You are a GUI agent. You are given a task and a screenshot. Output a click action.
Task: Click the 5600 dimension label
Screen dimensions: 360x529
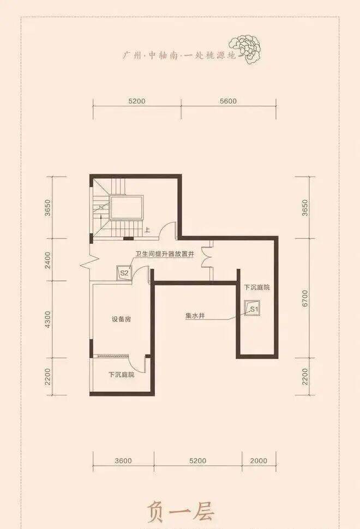coord(228,101)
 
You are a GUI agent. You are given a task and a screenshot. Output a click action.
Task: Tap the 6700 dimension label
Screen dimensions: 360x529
coord(305,298)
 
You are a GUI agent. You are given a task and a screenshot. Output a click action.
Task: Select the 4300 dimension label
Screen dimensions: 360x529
coord(47,320)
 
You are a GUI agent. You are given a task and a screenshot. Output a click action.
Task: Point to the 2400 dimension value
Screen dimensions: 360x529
coord(47,260)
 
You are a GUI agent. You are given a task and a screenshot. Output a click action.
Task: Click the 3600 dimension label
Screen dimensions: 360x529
coord(123,461)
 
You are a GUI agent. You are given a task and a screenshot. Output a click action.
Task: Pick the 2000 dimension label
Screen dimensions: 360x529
coord(259,461)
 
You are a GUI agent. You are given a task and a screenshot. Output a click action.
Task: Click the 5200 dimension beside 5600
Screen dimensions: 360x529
coord(137,101)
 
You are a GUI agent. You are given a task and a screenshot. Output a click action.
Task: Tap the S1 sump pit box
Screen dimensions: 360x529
coord(253,308)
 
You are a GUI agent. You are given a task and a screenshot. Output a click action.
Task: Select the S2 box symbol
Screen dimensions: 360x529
coord(124,273)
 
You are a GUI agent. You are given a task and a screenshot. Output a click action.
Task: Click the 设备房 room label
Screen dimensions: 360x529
coord(122,319)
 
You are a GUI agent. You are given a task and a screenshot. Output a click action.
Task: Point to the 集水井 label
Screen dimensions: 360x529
coord(195,316)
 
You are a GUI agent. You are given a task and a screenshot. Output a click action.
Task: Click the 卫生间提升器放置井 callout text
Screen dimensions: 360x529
coord(165,254)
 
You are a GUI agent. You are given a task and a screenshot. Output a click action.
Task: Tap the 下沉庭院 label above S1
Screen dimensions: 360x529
coord(257,287)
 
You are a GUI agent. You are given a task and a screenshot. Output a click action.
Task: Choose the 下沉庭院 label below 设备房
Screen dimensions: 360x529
coord(122,375)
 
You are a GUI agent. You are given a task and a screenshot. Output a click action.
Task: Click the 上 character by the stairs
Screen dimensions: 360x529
coord(147,231)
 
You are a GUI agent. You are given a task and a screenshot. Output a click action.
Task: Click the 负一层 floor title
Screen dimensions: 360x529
coord(180,513)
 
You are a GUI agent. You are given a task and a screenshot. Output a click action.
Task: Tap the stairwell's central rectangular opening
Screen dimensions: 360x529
coord(127,208)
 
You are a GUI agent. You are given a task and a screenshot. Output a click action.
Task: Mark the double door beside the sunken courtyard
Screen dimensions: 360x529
coord(206,259)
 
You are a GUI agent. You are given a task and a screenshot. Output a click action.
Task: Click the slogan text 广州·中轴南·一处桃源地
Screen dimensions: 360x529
coord(179,55)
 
